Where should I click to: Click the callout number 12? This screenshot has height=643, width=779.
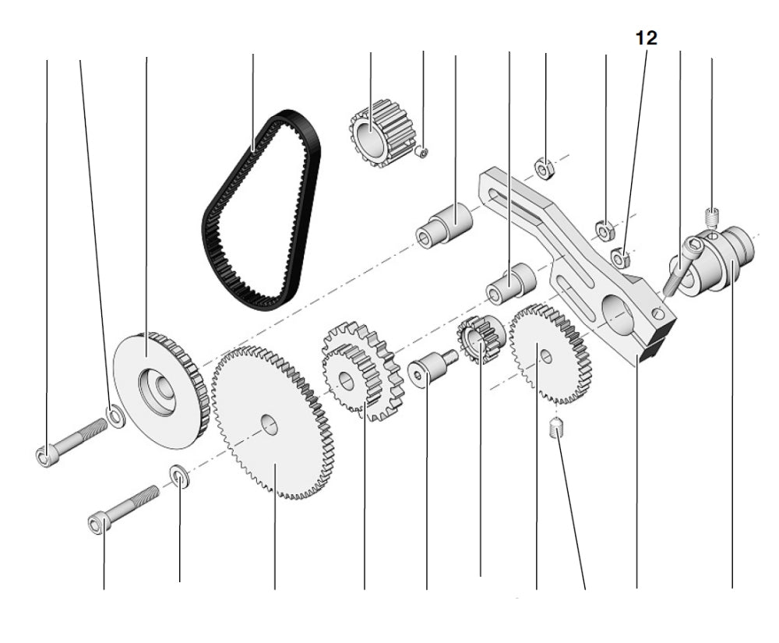click(x=646, y=38)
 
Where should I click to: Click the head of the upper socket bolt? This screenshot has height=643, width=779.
click(x=44, y=454)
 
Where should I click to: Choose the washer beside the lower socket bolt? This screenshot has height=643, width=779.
click(x=178, y=475)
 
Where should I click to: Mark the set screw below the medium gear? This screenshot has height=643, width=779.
click(x=555, y=428)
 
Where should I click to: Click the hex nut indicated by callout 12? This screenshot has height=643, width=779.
click(x=621, y=253)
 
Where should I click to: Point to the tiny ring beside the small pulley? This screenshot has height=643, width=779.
click(x=421, y=151)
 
